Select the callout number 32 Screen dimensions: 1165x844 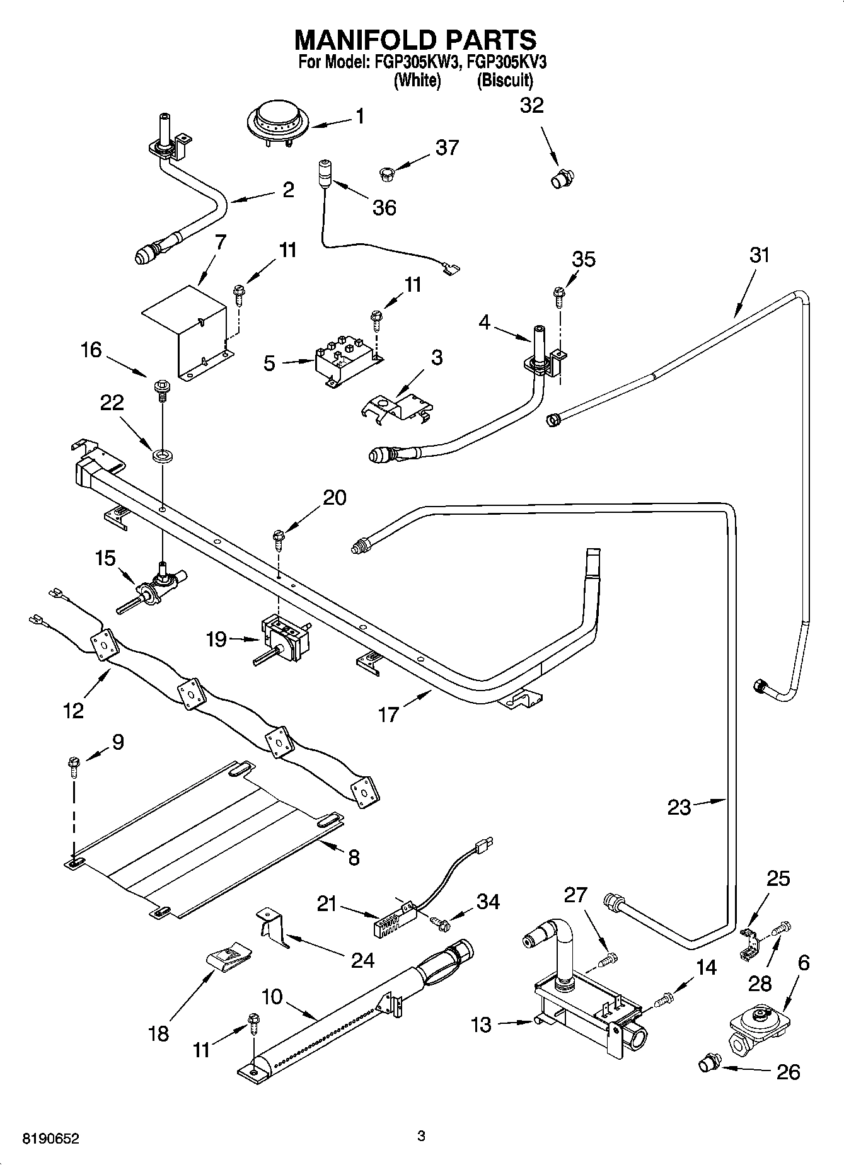531,105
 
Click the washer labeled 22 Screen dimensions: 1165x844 163,453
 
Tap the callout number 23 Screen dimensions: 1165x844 679,807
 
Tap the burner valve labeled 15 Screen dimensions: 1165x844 153,588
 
